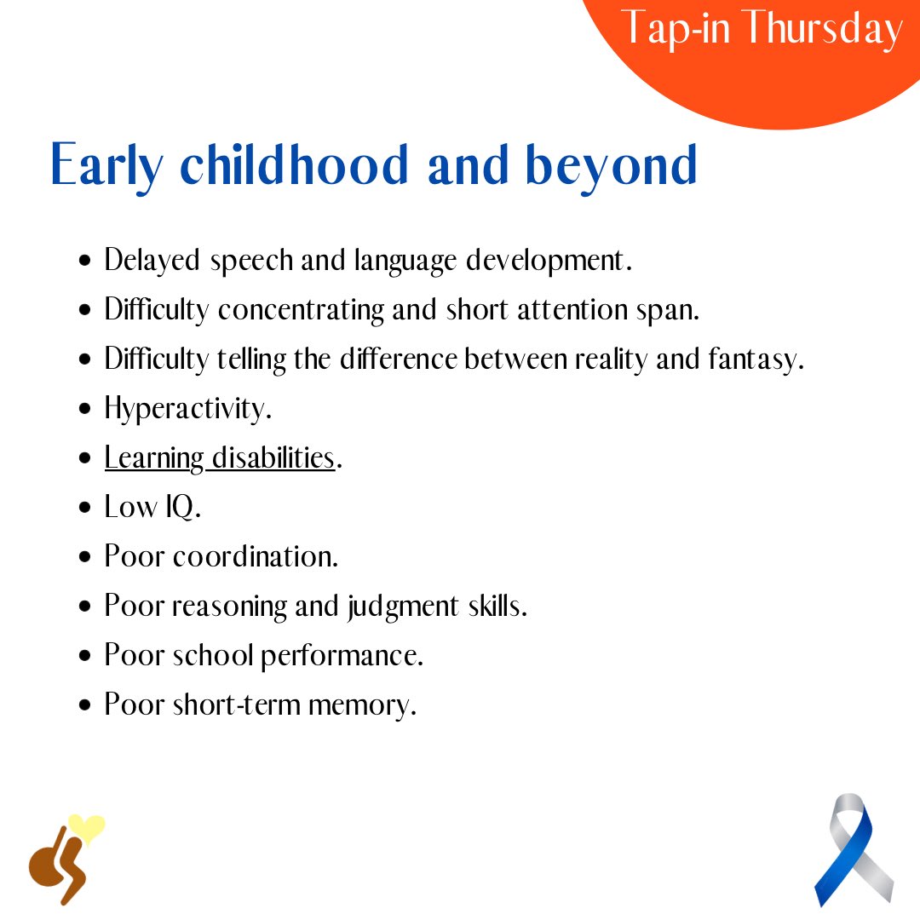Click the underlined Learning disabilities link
219,458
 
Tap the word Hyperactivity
187,410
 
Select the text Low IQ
152,508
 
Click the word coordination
256,557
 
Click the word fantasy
755,360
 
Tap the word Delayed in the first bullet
152,261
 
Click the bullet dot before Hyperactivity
84,410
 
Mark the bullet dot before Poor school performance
84,657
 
